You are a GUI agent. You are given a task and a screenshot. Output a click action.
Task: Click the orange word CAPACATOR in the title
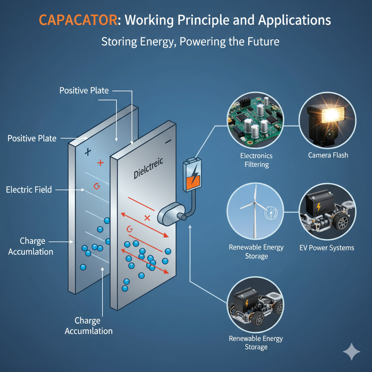click(x=78, y=20)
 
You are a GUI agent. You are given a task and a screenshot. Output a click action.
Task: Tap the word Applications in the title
click(x=294, y=20)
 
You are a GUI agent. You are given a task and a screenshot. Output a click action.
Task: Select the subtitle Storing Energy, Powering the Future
click(x=190, y=42)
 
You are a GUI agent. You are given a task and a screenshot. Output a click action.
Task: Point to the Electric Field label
click(x=29, y=190)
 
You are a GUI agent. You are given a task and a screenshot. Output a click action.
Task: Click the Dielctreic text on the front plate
click(x=148, y=168)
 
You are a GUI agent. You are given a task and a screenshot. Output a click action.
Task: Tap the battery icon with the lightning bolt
click(x=192, y=175)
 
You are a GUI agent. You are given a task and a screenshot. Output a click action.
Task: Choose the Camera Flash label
click(x=328, y=155)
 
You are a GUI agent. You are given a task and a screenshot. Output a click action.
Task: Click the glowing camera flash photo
click(x=327, y=121)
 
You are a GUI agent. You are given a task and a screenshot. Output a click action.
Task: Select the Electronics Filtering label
click(x=256, y=160)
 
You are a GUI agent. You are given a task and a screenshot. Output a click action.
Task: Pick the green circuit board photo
click(x=255, y=121)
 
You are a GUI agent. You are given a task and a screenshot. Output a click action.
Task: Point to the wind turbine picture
click(x=255, y=211)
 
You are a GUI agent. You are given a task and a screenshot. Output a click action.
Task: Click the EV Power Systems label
click(x=327, y=248)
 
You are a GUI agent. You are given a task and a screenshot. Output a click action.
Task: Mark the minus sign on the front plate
click(x=168, y=142)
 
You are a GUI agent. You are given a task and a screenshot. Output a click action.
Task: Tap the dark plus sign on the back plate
click(x=88, y=152)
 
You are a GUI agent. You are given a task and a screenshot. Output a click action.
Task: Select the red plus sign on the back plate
click(x=100, y=163)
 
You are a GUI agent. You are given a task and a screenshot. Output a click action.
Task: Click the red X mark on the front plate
click(x=147, y=218)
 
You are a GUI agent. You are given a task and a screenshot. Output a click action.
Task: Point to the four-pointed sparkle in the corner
click(x=352, y=351)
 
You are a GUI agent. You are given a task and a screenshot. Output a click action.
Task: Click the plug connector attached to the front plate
click(x=171, y=214)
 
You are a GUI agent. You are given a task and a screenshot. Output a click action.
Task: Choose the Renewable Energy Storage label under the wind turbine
click(x=256, y=252)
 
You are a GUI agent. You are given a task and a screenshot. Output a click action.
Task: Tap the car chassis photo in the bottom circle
click(x=255, y=305)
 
